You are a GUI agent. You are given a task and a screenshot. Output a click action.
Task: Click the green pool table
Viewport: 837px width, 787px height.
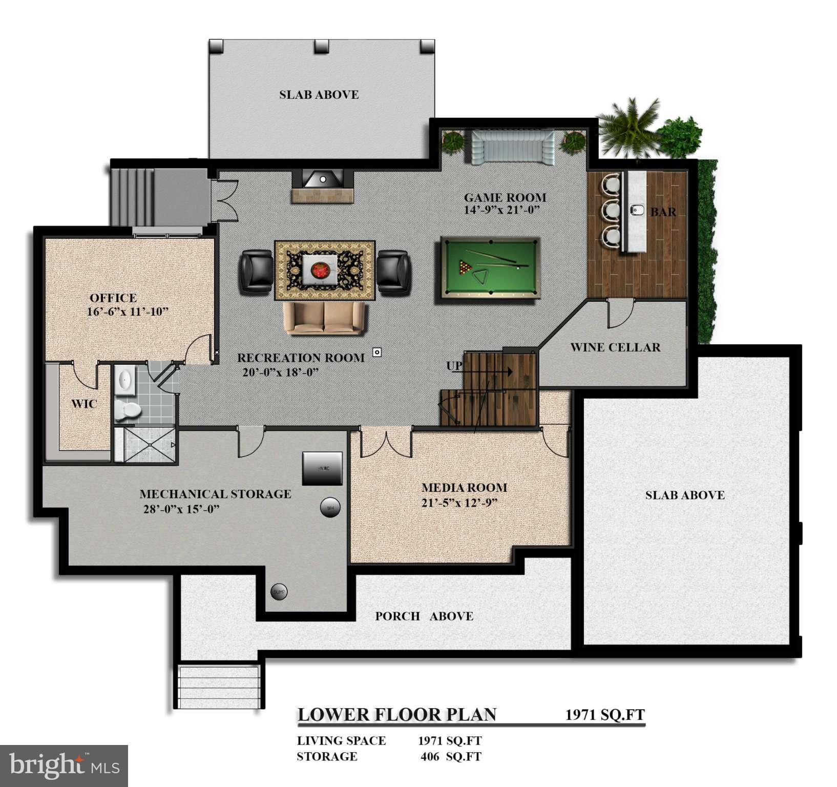(x=488, y=267)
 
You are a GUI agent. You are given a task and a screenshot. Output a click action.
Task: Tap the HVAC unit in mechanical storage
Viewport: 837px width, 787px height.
(x=322, y=468)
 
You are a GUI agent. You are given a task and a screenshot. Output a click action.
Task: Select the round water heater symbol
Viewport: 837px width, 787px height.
(x=330, y=508)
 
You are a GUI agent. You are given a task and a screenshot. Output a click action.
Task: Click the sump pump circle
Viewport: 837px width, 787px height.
(x=279, y=592)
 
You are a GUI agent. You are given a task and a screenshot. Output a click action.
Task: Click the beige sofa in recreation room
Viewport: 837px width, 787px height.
(x=325, y=318)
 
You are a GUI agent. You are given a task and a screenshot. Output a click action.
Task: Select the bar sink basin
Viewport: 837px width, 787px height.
(x=637, y=210)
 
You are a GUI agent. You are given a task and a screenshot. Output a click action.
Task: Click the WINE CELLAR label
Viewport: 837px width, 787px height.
(x=615, y=347)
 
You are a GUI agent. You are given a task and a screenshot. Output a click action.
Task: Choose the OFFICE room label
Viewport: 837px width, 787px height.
(x=113, y=298)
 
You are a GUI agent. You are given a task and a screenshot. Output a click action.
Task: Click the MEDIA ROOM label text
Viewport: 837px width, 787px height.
(x=464, y=488)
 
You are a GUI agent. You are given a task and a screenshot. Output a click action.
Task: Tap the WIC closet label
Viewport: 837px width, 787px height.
(x=84, y=404)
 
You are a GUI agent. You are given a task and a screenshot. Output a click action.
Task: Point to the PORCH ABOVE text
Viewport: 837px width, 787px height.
(x=424, y=616)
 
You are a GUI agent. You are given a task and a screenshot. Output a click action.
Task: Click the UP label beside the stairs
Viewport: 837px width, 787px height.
(x=454, y=366)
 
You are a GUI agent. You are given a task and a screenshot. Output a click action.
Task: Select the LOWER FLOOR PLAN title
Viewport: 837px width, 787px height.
(x=397, y=714)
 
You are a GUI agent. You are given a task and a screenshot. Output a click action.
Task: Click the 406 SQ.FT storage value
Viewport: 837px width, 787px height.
(x=451, y=756)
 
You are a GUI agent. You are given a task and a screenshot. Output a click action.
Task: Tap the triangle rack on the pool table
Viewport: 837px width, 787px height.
(x=480, y=277)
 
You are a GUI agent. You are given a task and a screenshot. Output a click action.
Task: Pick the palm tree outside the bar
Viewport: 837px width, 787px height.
(x=629, y=128)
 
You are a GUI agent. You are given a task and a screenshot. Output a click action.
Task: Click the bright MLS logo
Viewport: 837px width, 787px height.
(x=64, y=765)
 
